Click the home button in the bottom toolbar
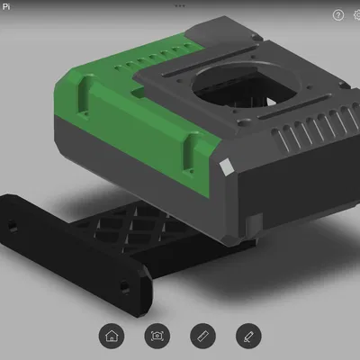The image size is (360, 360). click(x=112, y=336)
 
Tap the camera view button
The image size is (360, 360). click(x=157, y=336)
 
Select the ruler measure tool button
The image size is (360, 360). click(x=202, y=336)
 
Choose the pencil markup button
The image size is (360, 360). click(x=247, y=336)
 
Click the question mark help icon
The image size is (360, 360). click(x=338, y=15)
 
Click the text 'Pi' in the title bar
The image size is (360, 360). click(x=7, y=5)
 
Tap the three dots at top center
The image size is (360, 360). click(x=180, y=4)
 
